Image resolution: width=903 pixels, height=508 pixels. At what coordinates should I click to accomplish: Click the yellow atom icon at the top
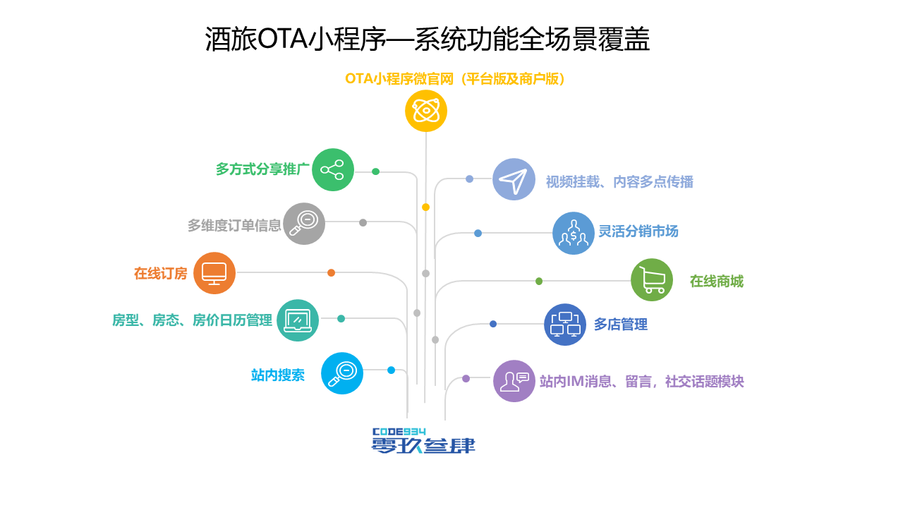tap(426, 111)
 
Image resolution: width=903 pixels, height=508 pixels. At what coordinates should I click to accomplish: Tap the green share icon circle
tap(332, 169)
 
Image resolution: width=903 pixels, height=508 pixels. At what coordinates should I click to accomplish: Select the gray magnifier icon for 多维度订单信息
tap(304, 224)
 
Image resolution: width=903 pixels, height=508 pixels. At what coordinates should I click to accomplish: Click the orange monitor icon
tap(214, 273)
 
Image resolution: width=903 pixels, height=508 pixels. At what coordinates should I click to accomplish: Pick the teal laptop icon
tap(298, 320)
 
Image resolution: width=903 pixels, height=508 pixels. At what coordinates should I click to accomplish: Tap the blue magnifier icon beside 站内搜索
tap(342, 373)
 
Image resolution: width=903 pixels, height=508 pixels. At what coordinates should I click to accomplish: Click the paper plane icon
tap(514, 179)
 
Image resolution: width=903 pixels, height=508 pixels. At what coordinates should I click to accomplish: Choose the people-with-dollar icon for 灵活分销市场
tap(573, 233)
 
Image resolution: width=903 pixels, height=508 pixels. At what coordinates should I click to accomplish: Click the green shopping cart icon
tap(651, 280)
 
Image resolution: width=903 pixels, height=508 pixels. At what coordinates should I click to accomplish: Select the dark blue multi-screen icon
tap(565, 325)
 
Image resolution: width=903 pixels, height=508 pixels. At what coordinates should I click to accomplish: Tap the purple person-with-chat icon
tap(514, 381)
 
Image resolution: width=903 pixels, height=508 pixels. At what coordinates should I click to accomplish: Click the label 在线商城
tap(716, 282)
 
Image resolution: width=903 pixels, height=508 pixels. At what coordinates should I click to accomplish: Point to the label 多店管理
tap(620, 325)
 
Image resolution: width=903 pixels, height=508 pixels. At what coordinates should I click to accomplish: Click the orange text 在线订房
tap(161, 274)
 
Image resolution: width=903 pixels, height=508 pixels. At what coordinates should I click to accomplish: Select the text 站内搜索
tap(278, 375)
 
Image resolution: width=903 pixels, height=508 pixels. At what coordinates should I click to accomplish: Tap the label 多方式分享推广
tap(262, 170)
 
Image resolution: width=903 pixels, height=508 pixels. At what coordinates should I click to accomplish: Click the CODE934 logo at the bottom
tap(423, 440)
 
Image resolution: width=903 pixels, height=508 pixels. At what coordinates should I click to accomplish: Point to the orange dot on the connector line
tap(331, 273)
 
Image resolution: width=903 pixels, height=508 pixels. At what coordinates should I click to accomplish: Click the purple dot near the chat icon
tap(466, 379)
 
